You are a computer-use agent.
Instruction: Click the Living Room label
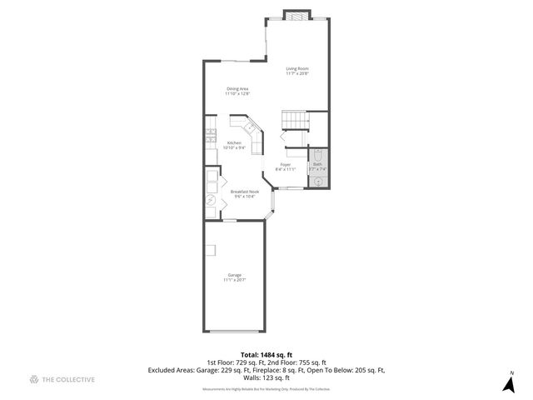[x=297, y=68]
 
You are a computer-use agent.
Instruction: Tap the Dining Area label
[x=237, y=88]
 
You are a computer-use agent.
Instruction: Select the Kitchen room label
[x=234, y=142]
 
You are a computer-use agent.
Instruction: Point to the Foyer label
[x=286, y=164]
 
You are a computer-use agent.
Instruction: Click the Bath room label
[x=317, y=164]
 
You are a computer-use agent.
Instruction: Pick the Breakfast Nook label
[x=245, y=191]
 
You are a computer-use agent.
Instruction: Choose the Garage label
[x=235, y=275]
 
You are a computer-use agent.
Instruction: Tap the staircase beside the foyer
[x=293, y=121]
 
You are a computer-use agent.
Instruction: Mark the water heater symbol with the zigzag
[x=211, y=200]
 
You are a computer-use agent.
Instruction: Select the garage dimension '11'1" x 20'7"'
[x=235, y=280]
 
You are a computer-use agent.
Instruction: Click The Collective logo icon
[x=34, y=379]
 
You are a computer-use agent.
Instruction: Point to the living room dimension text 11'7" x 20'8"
[x=297, y=74]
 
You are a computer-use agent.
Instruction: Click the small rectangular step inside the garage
[x=213, y=250]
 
